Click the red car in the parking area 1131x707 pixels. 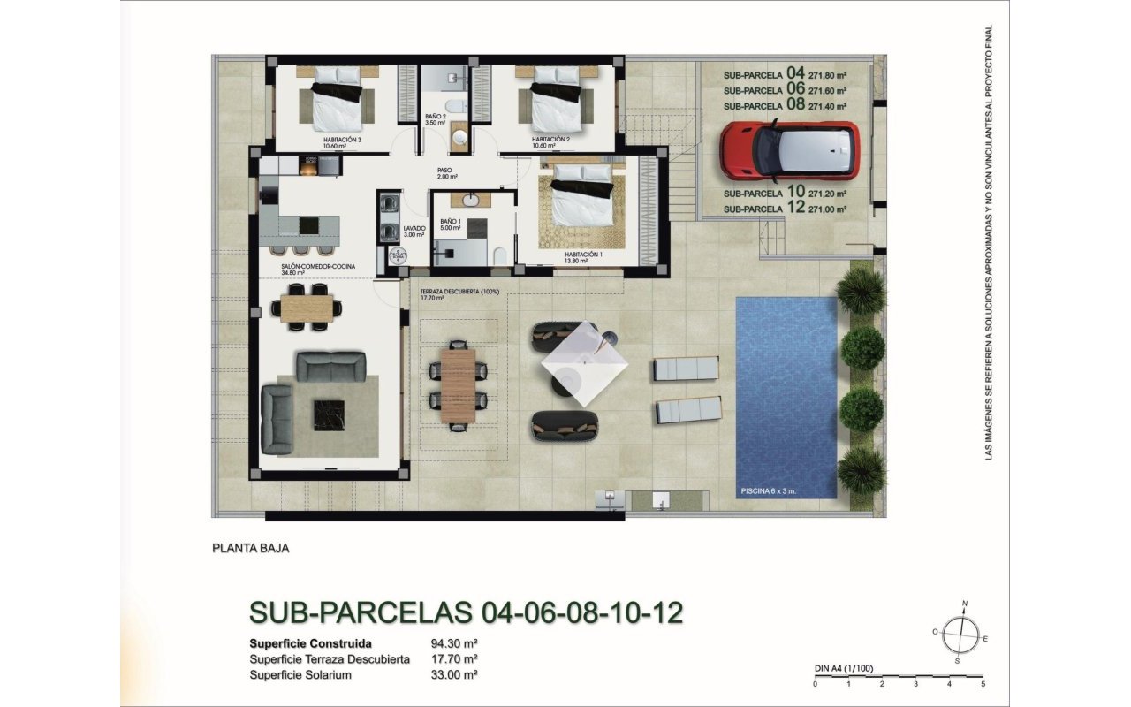(x=788, y=148)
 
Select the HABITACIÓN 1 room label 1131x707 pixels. (x=584, y=254)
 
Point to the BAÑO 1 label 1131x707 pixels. (x=450, y=221)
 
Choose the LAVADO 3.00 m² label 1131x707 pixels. (x=414, y=232)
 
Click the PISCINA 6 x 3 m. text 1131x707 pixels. (x=771, y=489)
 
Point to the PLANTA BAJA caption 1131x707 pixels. (x=251, y=548)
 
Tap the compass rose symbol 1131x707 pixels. (x=960, y=633)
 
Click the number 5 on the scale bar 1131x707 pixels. (x=983, y=683)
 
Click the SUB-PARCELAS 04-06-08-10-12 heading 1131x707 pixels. (x=467, y=612)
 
